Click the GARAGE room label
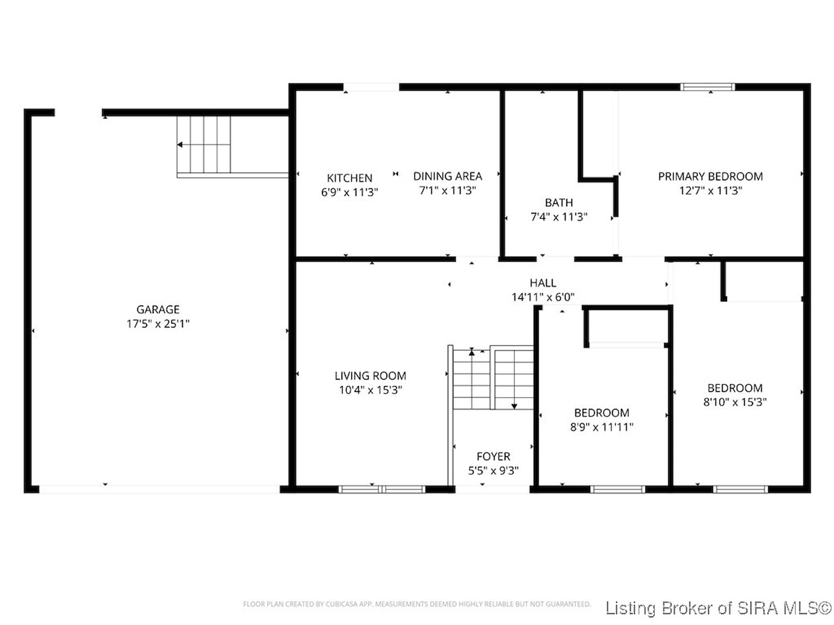158,309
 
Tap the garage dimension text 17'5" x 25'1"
158,324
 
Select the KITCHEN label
349,178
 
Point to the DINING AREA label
448,176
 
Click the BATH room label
559,202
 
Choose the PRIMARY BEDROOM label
710,176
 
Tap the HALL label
543,283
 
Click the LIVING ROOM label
371,376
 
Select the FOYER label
493,456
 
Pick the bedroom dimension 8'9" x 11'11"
602,427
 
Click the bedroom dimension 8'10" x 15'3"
735,402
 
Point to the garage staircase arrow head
180,145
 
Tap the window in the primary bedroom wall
707,87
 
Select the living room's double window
382,489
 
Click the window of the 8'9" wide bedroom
618,489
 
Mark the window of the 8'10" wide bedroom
740,489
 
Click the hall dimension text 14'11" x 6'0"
543,297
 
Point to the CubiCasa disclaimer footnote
417,604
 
